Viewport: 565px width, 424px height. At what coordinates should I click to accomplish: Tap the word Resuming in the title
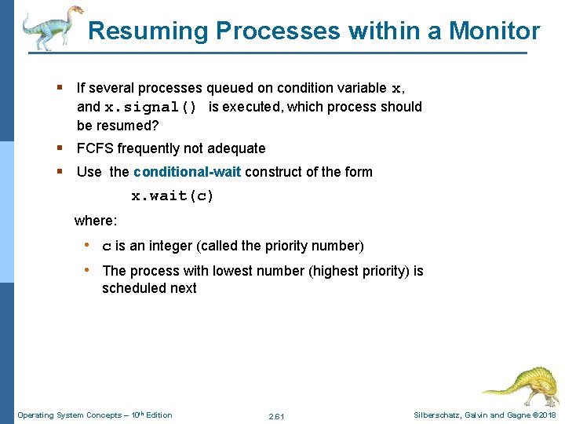tap(148, 31)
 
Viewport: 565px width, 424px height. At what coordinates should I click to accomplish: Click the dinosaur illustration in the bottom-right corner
tap(519, 385)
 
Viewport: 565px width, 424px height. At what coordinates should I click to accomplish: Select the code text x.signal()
tap(151, 108)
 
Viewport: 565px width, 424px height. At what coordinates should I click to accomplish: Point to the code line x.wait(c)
tap(172, 196)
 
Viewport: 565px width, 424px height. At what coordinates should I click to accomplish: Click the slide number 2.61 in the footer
tap(276, 415)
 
